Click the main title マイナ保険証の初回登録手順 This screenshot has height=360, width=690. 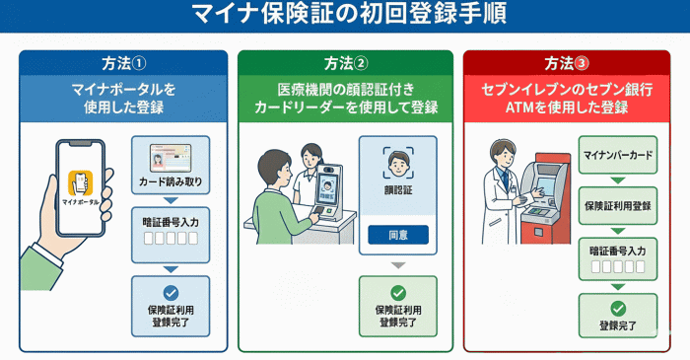point(349,14)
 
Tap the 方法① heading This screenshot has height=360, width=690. point(123,63)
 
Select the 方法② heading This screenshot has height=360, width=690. point(346,63)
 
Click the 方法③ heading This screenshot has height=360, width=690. point(567,63)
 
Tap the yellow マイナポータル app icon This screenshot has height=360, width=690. point(81,182)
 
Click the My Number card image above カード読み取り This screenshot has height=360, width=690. point(171,158)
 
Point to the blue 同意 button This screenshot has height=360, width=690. point(398,235)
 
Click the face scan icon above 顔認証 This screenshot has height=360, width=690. point(398,163)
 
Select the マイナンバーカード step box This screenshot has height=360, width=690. point(618,155)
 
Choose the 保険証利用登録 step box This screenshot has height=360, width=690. point(618,205)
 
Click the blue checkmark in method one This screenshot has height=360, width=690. point(171,293)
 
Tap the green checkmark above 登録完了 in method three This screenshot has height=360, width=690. point(618,309)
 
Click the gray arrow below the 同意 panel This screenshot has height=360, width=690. point(398,265)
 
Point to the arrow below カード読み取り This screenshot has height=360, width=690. point(171,200)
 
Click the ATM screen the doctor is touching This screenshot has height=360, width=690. point(545,183)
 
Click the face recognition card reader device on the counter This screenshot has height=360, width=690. point(328,192)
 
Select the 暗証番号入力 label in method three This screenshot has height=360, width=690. point(618,252)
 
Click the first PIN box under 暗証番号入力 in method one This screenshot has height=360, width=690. point(149,238)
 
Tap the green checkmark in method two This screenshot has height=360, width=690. point(398,293)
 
